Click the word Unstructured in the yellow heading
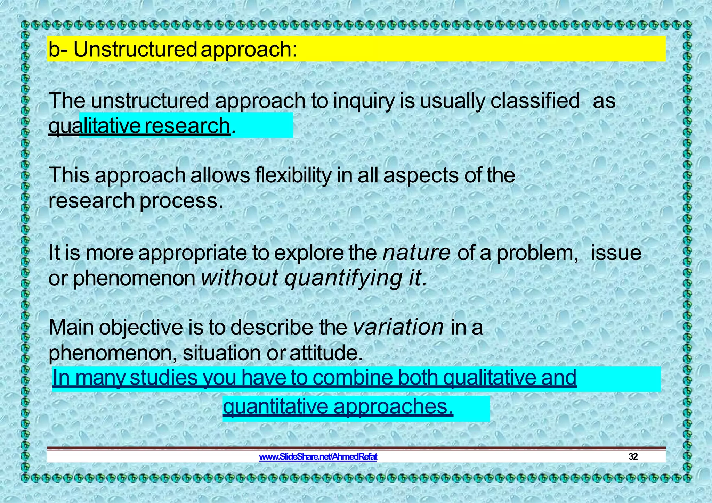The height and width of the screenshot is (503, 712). tap(135, 49)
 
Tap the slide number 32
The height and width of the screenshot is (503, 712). tap(633, 457)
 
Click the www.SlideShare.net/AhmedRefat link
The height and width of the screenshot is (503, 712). tap(318, 457)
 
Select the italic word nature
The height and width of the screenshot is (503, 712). tap(416, 253)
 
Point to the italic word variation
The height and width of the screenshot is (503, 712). tap(398, 327)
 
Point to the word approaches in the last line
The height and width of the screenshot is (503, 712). tap(393, 407)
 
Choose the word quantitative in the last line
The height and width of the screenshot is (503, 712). tap(275, 407)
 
